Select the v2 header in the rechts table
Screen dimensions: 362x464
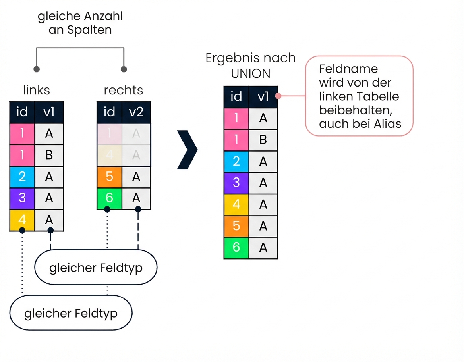pos(136,112)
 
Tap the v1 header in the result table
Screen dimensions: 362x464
pos(263,96)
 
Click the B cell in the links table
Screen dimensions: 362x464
pos(49,155)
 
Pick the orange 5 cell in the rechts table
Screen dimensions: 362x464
pos(109,177)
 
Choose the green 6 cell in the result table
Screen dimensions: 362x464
pos(236,248)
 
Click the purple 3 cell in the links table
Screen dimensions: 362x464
pos(22,198)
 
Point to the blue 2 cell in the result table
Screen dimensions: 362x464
pos(236,162)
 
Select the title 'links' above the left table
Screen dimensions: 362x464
pos(37,90)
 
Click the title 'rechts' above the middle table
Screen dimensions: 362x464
pos(123,90)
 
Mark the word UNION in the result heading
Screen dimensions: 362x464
pos(251,73)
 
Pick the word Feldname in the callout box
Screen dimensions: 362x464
pos(348,69)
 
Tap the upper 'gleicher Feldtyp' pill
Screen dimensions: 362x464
pos(96,268)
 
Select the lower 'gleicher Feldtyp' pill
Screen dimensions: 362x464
pos(71,313)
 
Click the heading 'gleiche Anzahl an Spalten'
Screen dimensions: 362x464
pos(80,23)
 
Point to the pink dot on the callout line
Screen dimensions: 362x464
pos(279,96)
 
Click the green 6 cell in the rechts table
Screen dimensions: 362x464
pos(109,198)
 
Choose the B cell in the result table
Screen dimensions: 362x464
pos(263,140)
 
